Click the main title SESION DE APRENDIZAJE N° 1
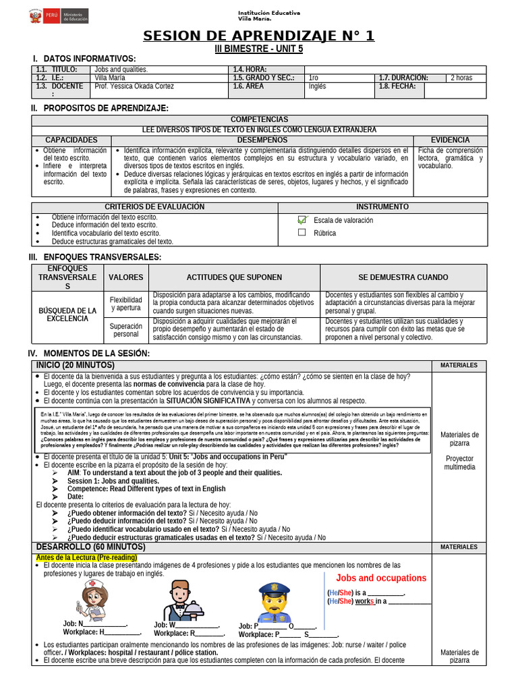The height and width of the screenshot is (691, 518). pyautogui.click(x=259, y=36)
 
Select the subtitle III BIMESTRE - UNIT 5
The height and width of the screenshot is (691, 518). pyautogui.click(x=259, y=49)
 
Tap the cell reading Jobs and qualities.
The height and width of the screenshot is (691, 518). pyautogui.click(x=121, y=70)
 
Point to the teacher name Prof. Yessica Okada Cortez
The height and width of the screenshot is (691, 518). pyautogui.click(x=134, y=86)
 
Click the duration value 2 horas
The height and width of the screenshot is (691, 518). pyautogui.click(x=461, y=78)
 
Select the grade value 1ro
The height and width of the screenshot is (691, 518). pyautogui.click(x=314, y=78)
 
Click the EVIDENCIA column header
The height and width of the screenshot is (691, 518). pyautogui.click(x=450, y=140)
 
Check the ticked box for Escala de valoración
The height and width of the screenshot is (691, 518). pyautogui.click(x=302, y=220)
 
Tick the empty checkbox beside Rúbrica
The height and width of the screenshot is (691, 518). pyautogui.click(x=302, y=233)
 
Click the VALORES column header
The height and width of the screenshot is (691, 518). pyautogui.click(x=125, y=277)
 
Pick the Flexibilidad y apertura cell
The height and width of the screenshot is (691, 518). pyautogui.click(x=125, y=304)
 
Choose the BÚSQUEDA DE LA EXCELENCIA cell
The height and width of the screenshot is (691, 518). pyautogui.click(x=67, y=314)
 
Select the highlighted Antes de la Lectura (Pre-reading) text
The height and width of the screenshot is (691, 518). pyautogui.click(x=86, y=558)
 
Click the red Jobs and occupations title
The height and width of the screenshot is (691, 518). pyautogui.click(x=381, y=578)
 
